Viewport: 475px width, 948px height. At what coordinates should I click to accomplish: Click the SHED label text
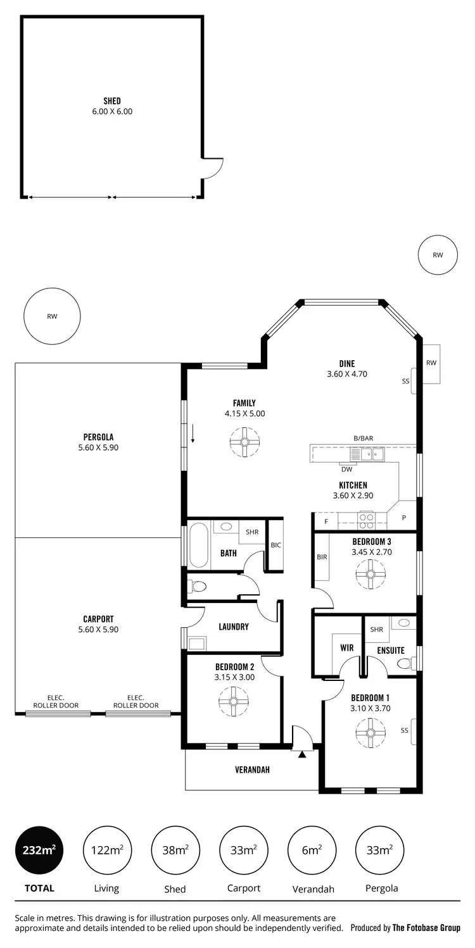112,101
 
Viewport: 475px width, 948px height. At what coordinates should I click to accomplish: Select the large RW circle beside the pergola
52,317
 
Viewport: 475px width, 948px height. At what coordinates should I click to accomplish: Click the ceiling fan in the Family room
244,442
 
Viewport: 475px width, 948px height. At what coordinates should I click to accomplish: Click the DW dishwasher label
346,469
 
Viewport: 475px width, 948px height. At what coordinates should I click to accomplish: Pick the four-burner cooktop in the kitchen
367,520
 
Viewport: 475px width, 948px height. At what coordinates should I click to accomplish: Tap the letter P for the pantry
403,518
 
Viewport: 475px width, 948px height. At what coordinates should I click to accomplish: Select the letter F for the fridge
326,521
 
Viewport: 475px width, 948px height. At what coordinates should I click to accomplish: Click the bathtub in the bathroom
198,545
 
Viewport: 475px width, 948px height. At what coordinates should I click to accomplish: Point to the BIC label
275,545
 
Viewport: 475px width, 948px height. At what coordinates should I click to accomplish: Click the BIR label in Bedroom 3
322,557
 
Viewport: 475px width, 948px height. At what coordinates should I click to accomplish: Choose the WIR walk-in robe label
346,648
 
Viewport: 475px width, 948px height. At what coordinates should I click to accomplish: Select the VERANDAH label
252,770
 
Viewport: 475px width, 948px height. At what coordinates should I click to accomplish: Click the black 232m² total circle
39,850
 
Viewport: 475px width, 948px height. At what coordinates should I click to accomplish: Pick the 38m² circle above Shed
175,850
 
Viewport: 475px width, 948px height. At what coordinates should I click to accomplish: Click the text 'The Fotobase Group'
426,928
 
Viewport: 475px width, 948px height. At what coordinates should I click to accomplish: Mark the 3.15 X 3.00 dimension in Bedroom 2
234,677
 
